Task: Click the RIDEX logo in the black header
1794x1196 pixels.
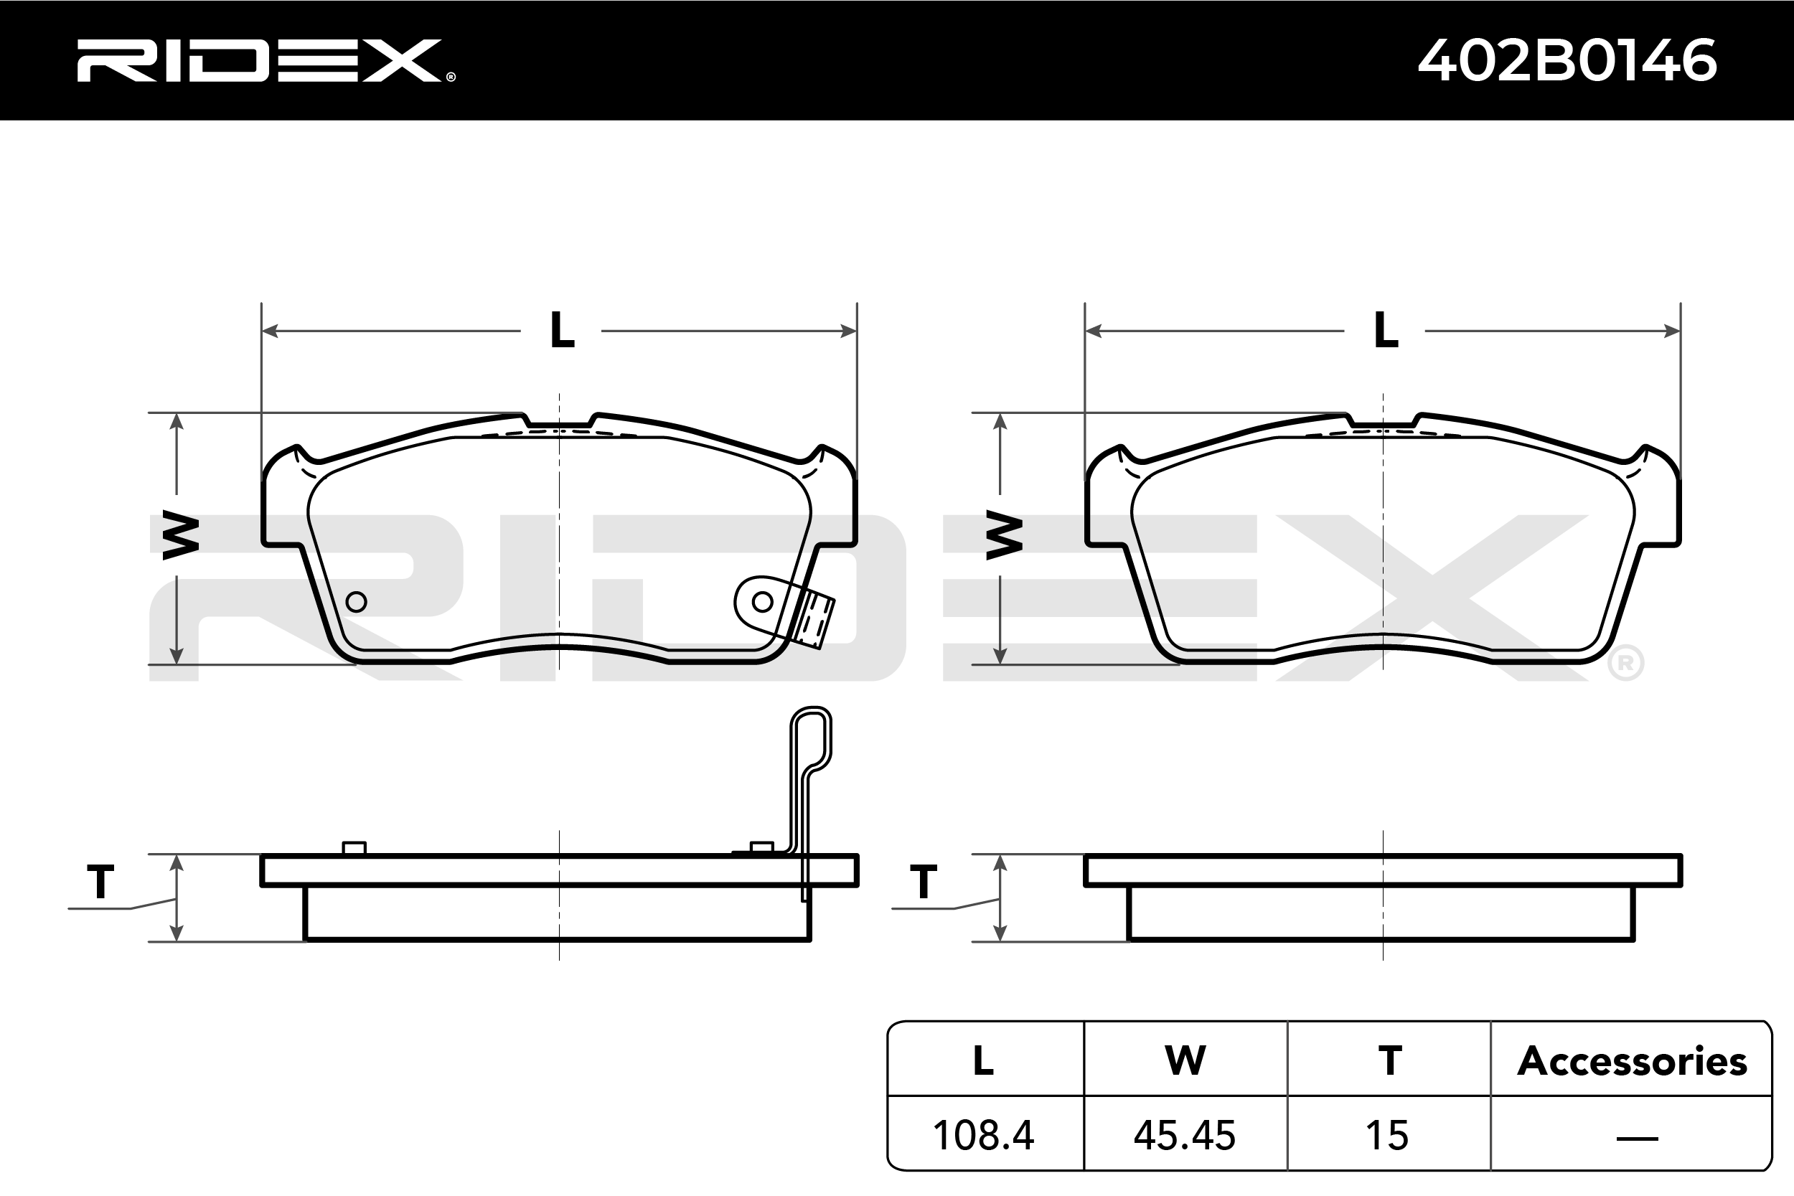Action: [266, 60]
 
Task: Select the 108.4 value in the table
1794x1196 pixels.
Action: [983, 1136]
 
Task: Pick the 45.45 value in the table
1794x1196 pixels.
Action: [1185, 1136]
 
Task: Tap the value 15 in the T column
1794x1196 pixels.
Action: [1386, 1136]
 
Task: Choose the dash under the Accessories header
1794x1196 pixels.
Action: [1637, 1139]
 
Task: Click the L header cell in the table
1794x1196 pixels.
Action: [984, 1060]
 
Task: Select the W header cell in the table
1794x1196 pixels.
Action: [1185, 1060]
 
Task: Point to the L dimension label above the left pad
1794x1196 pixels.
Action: [562, 330]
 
